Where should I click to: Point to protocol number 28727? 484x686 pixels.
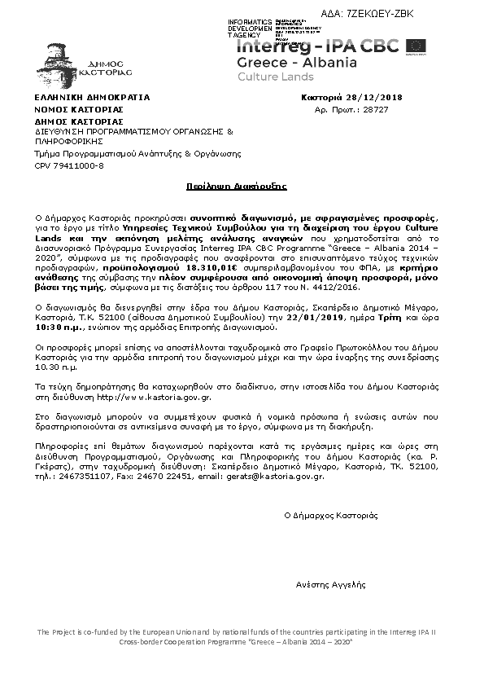375,108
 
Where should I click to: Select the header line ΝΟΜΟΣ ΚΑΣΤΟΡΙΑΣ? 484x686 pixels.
78,108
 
